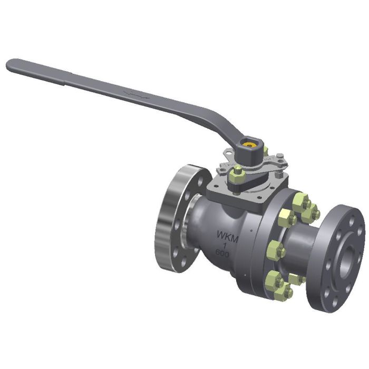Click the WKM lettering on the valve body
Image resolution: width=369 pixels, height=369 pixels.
click(228, 238)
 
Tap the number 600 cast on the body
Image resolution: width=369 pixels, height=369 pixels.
click(222, 253)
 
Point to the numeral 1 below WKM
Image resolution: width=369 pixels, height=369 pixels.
click(225, 246)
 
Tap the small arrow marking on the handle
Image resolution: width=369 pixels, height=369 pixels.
click(130, 94)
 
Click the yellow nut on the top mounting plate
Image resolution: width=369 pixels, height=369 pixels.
click(238, 170)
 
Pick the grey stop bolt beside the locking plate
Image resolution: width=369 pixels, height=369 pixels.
click(280, 156)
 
